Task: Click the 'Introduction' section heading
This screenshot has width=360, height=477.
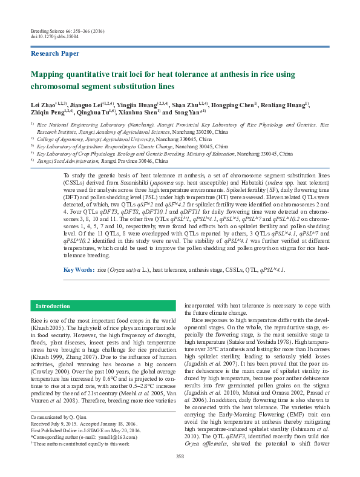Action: [53, 306]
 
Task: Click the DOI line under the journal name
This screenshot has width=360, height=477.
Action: [52, 36]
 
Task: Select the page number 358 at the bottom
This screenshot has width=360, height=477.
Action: [180, 456]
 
